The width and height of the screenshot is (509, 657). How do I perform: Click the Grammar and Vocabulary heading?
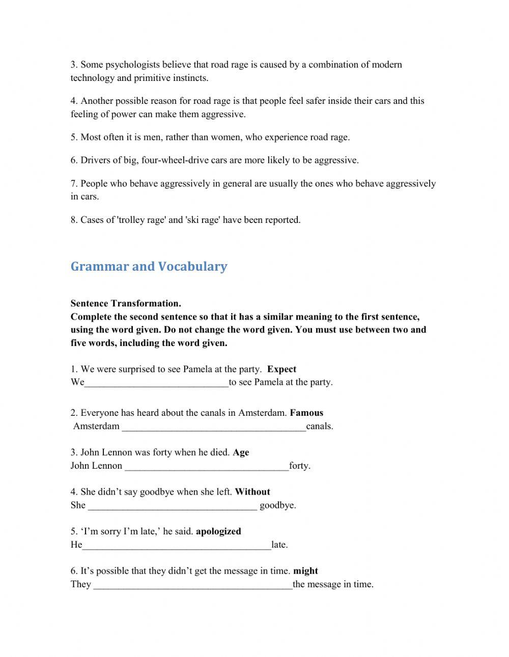point(149,267)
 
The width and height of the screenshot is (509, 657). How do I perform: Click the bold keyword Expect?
point(281,369)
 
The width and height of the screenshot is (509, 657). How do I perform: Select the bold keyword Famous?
point(306,413)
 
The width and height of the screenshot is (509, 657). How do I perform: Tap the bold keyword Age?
point(241,452)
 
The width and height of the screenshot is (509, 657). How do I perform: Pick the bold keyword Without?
point(252,492)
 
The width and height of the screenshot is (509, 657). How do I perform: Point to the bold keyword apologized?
point(218,531)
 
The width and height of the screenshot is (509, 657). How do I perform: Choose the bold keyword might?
point(305,571)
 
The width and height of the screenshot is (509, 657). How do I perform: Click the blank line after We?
point(157,384)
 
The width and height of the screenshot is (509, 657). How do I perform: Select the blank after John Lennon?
point(207,467)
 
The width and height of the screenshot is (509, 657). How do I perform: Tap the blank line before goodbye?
point(173,507)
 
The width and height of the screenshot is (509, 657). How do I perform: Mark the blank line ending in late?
point(177,546)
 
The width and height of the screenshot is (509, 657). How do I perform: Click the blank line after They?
point(193,586)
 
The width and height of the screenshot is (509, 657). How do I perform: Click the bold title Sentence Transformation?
point(126,304)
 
